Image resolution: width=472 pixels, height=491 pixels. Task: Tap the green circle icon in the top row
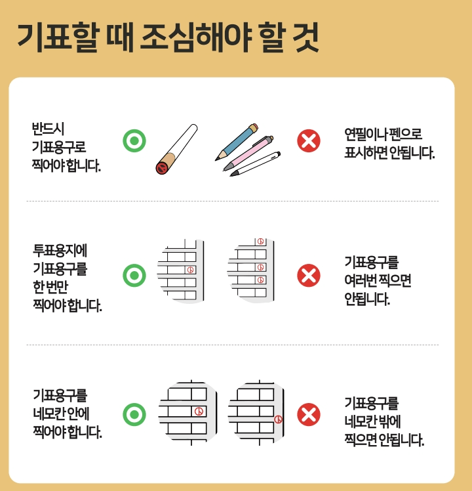coord(134,140)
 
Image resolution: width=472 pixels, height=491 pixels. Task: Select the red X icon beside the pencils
coord(309,140)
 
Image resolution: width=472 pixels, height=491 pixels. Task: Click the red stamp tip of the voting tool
coord(161,169)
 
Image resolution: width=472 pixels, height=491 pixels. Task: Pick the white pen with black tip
coord(256,164)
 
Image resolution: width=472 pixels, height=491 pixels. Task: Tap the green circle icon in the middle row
coord(134,275)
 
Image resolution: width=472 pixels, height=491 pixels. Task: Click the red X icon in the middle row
coord(309,275)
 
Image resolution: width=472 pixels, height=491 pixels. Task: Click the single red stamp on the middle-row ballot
coord(190,269)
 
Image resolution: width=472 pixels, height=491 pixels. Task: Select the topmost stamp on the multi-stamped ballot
coord(260,242)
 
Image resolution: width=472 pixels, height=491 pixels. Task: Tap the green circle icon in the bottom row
coord(134,414)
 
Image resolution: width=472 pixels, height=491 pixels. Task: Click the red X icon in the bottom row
coord(309,414)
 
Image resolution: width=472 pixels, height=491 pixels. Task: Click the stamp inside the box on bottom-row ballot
coord(199,411)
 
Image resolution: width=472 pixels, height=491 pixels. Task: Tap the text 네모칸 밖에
coord(372,421)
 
